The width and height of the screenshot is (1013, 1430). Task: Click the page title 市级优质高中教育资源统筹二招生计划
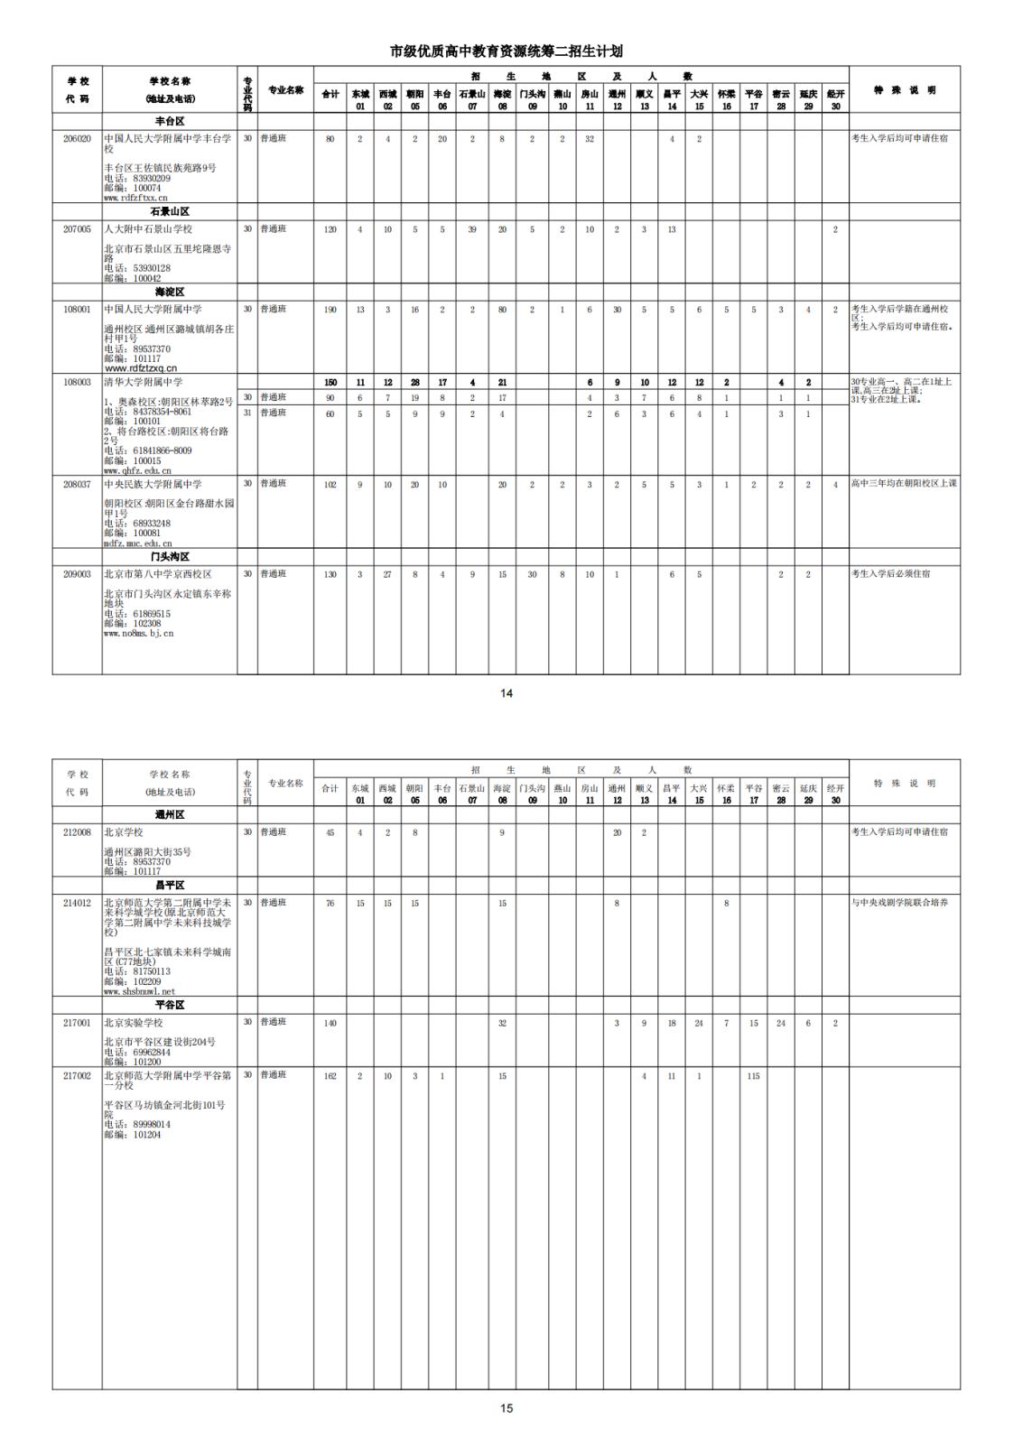point(506,51)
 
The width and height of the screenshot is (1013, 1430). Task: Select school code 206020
point(77,139)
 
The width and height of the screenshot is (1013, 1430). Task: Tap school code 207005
point(77,229)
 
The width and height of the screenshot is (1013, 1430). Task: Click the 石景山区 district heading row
point(170,211)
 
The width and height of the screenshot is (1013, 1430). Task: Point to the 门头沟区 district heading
point(170,557)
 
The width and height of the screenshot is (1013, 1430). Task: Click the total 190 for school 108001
point(330,310)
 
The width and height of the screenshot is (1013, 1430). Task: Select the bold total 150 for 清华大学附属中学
point(330,383)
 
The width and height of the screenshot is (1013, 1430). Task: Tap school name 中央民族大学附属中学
point(153,485)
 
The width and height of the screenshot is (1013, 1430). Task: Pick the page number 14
point(506,693)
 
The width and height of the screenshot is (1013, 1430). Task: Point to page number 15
point(506,1407)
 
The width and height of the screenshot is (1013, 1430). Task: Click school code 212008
point(77,832)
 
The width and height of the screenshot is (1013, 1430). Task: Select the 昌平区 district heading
point(170,886)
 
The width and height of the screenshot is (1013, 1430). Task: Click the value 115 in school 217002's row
point(753,1076)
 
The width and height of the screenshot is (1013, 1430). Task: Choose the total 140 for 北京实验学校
point(330,1023)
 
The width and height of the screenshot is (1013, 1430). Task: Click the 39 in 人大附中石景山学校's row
point(472,229)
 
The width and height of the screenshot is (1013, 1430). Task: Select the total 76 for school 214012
point(330,903)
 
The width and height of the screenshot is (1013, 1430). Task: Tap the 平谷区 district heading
point(170,1005)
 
